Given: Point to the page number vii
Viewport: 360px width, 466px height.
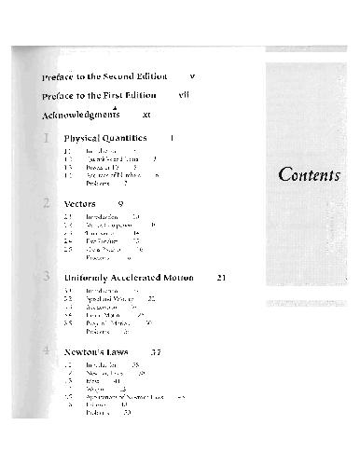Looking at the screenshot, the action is click(184, 95).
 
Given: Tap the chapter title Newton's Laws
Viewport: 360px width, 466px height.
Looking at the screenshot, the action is click(98, 353).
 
